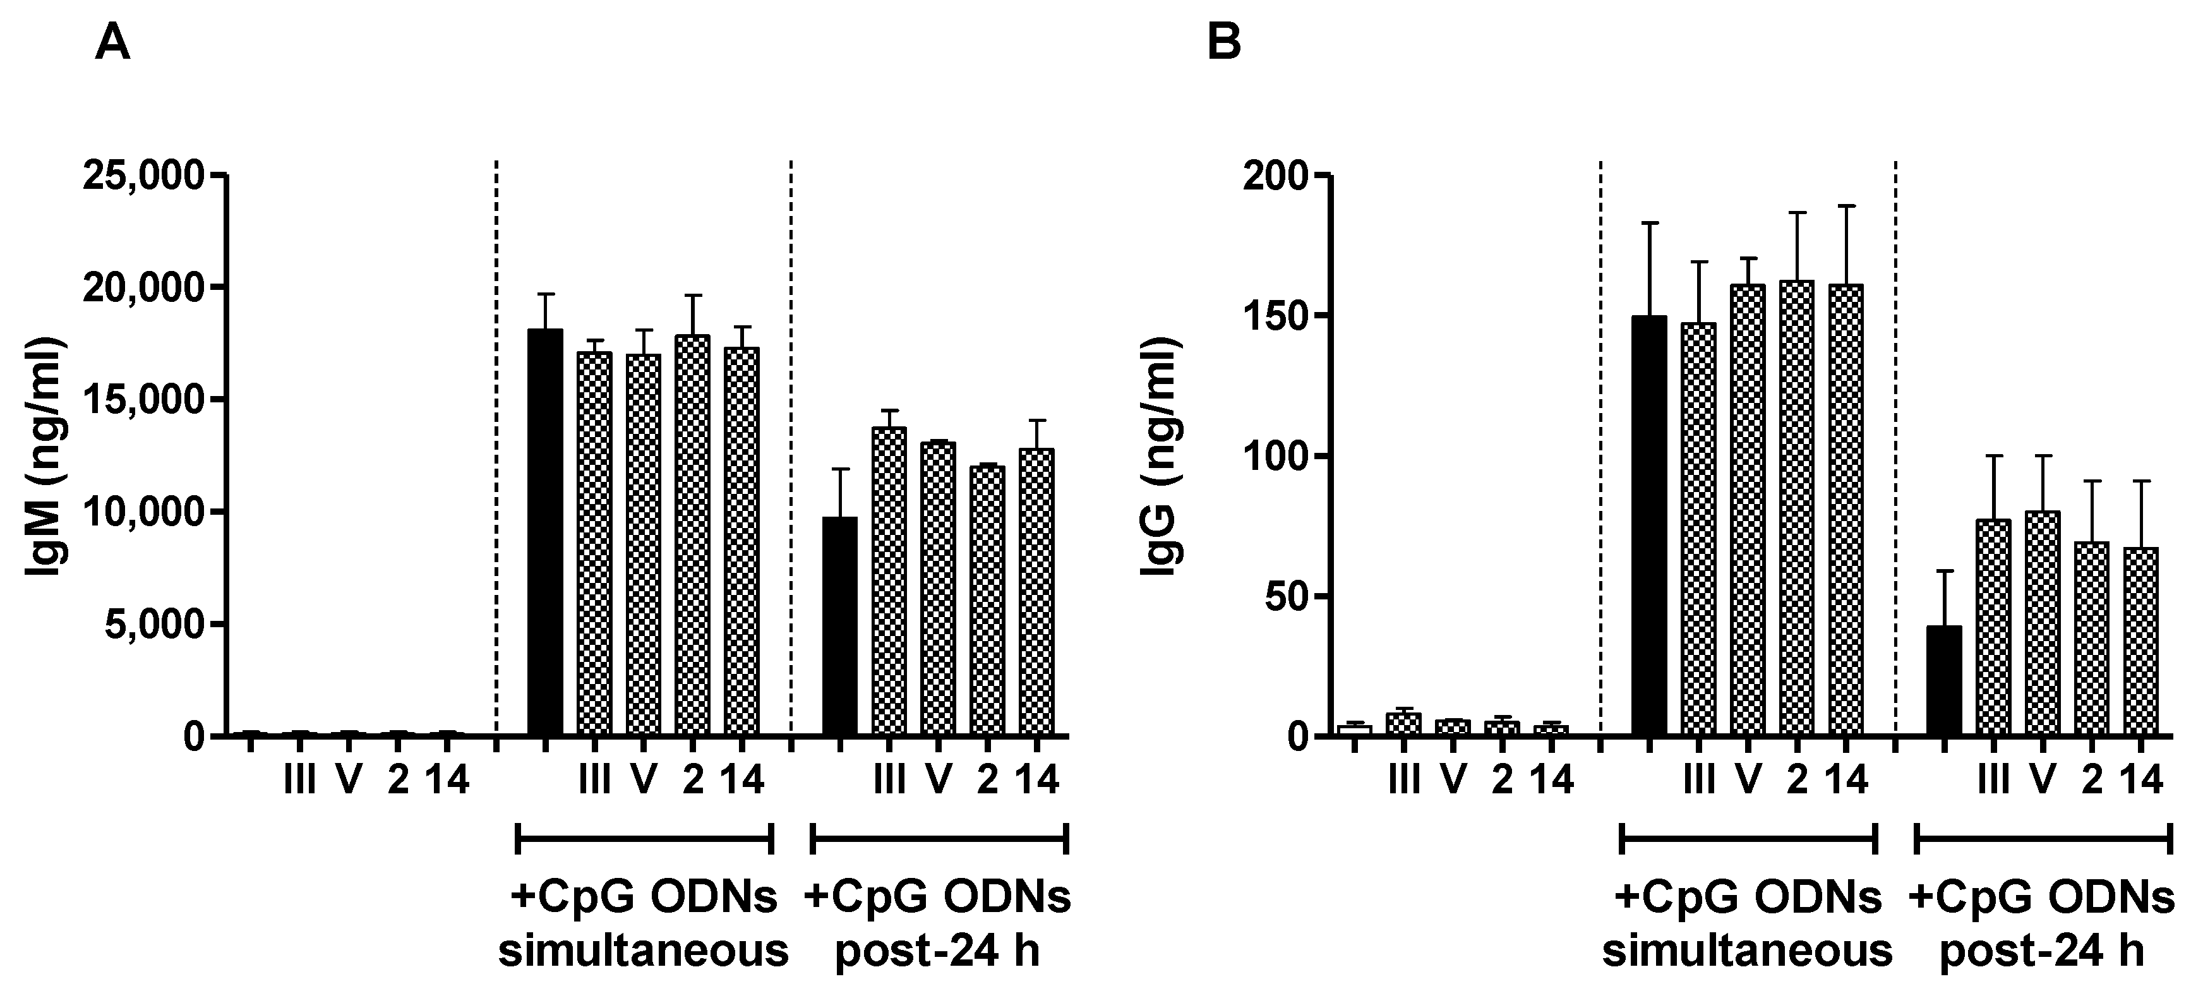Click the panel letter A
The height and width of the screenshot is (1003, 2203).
pyautogui.click(x=113, y=44)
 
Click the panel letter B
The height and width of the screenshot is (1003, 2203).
pyautogui.click(x=1224, y=44)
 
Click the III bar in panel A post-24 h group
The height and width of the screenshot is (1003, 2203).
pyautogui.click(x=889, y=582)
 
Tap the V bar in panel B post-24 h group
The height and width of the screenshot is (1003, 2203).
pyautogui.click(x=2042, y=623)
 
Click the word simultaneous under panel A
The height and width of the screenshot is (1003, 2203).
pyautogui.click(x=643, y=951)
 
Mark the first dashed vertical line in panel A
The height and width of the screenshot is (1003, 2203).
pyautogui.click(x=496, y=428)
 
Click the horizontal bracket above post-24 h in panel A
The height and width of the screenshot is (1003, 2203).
pyautogui.click(x=938, y=839)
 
